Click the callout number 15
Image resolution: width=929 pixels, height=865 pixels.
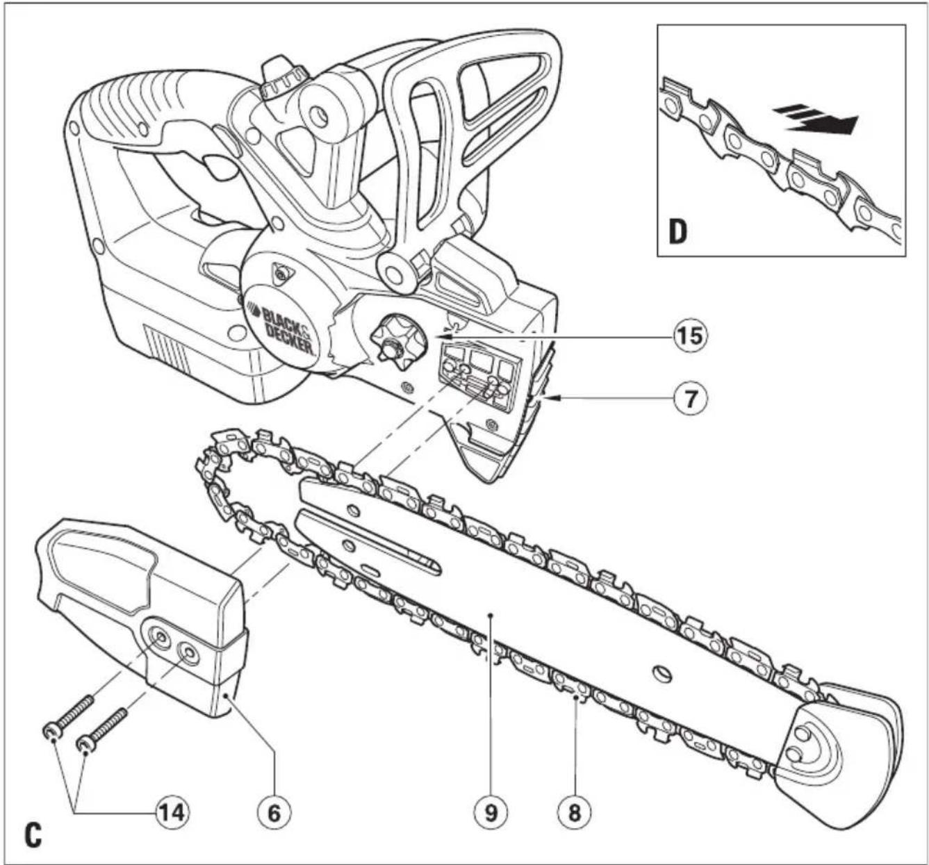[691, 336]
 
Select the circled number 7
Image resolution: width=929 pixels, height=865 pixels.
[691, 399]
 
